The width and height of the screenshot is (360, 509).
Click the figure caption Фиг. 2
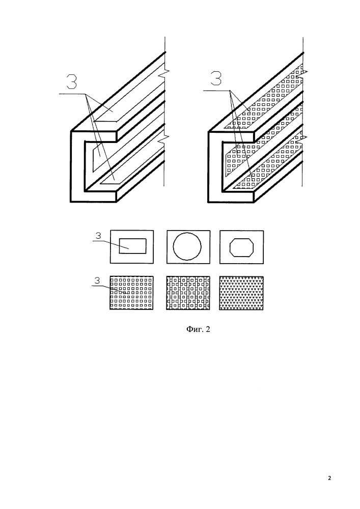[x=198, y=329]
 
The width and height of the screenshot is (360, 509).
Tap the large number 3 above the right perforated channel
[x=216, y=77]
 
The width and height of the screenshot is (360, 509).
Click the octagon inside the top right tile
[x=241, y=247]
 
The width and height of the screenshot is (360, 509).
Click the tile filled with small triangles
[x=241, y=293]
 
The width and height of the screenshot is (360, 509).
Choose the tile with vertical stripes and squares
[x=188, y=293]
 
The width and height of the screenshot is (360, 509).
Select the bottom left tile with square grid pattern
[x=131, y=293]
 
